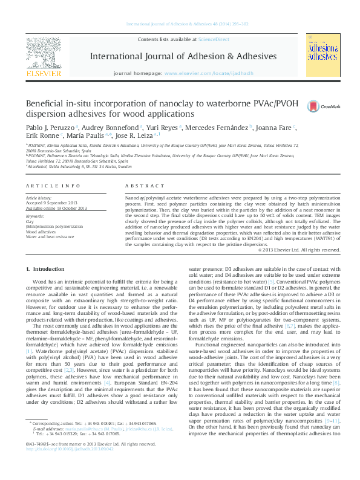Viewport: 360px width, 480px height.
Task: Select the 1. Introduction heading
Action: (x=48, y=268)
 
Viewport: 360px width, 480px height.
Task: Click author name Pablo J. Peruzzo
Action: (x=56, y=128)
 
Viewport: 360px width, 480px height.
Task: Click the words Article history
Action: (x=38, y=198)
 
